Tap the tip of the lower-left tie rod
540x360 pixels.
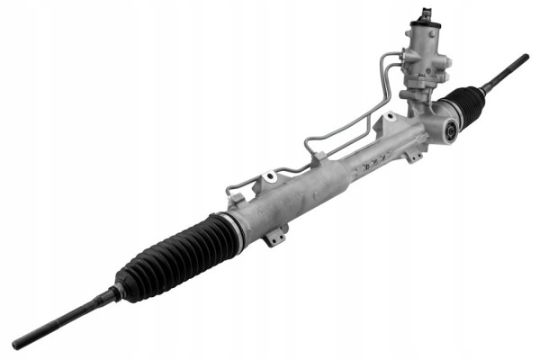[18, 344]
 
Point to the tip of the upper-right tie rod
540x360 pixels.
[524, 58]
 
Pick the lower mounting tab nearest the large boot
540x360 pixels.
[276, 237]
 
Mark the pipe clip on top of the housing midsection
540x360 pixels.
[317, 158]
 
